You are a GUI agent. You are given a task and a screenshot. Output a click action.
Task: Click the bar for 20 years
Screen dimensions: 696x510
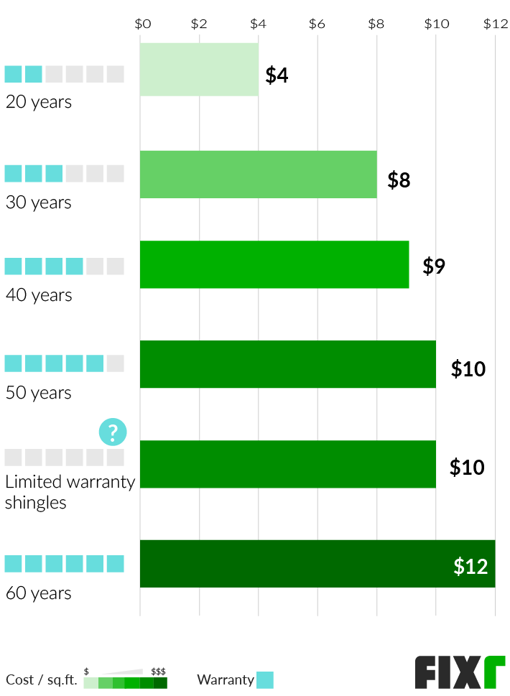tap(199, 70)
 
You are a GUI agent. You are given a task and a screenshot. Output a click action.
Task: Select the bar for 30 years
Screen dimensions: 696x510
tap(259, 175)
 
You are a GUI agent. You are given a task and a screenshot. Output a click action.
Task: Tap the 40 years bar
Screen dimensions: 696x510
tap(274, 264)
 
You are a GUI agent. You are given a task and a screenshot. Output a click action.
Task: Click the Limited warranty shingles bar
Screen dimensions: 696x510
tap(287, 464)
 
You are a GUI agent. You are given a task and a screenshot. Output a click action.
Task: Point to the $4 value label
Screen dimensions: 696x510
tap(277, 75)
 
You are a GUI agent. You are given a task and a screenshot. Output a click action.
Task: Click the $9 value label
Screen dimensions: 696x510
tap(434, 266)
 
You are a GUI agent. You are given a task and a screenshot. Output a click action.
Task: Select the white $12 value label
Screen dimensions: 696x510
tap(470, 566)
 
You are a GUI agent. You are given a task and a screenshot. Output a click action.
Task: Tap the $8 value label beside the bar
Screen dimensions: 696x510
tap(399, 180)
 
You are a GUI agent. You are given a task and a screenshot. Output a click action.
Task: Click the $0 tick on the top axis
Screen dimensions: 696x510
tap(143, 24)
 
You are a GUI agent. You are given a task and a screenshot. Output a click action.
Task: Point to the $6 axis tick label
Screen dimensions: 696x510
tap(317, 24)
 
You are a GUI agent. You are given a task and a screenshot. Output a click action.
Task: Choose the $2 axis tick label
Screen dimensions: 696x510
tap(199, 24)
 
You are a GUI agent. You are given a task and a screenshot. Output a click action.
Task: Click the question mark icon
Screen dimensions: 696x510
tap(113, 432)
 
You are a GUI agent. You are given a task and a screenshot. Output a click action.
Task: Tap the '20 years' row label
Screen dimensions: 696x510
tap(39, 102)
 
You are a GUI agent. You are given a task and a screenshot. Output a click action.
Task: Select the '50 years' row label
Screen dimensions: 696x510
tap(39, 393)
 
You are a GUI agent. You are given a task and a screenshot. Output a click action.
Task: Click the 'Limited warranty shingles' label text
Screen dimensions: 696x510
tap(70, 492)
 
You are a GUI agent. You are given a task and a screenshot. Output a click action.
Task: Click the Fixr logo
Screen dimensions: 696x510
tap(460, 672)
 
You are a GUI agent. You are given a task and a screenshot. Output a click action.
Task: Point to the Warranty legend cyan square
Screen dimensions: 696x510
tap(265, 679)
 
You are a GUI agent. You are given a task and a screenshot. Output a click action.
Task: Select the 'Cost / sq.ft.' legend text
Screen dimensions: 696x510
tap(41, 679)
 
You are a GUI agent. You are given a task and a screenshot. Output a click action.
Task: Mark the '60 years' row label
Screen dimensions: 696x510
tap(39, 593)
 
